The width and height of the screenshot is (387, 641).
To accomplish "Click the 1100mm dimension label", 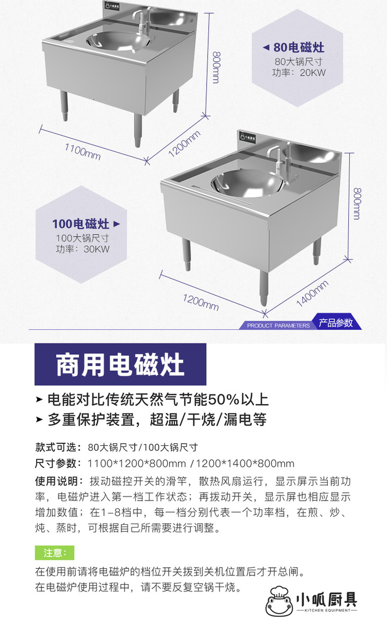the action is tap(83, 152).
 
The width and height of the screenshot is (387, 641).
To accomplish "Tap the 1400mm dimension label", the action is tap(312, 294).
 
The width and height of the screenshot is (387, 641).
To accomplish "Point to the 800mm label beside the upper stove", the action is tap(216, 67).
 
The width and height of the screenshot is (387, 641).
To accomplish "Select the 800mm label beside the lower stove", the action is tap(357, 204).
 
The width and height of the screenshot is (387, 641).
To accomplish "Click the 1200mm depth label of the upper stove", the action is tap(184, 144).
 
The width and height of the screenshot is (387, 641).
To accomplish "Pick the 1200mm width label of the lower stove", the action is tap(201, 302).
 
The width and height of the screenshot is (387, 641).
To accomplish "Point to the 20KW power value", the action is tap(313, 73).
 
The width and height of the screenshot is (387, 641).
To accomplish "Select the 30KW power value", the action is tap(96, 249).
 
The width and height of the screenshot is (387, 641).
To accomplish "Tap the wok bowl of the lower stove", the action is tap(248, 183).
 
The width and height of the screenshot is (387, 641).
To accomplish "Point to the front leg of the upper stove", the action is tap(138, 130).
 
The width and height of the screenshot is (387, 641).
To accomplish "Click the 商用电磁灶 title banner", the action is tap(120, 364).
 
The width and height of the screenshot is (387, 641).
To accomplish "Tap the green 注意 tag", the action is tap(55, 552).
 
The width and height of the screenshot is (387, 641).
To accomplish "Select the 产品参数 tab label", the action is tap(336, 323).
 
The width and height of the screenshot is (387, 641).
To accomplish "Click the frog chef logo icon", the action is tap(279, 601).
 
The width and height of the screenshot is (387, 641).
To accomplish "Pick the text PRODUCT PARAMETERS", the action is tap(278, 326).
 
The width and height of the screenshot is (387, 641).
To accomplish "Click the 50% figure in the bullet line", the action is tap(223, 399).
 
